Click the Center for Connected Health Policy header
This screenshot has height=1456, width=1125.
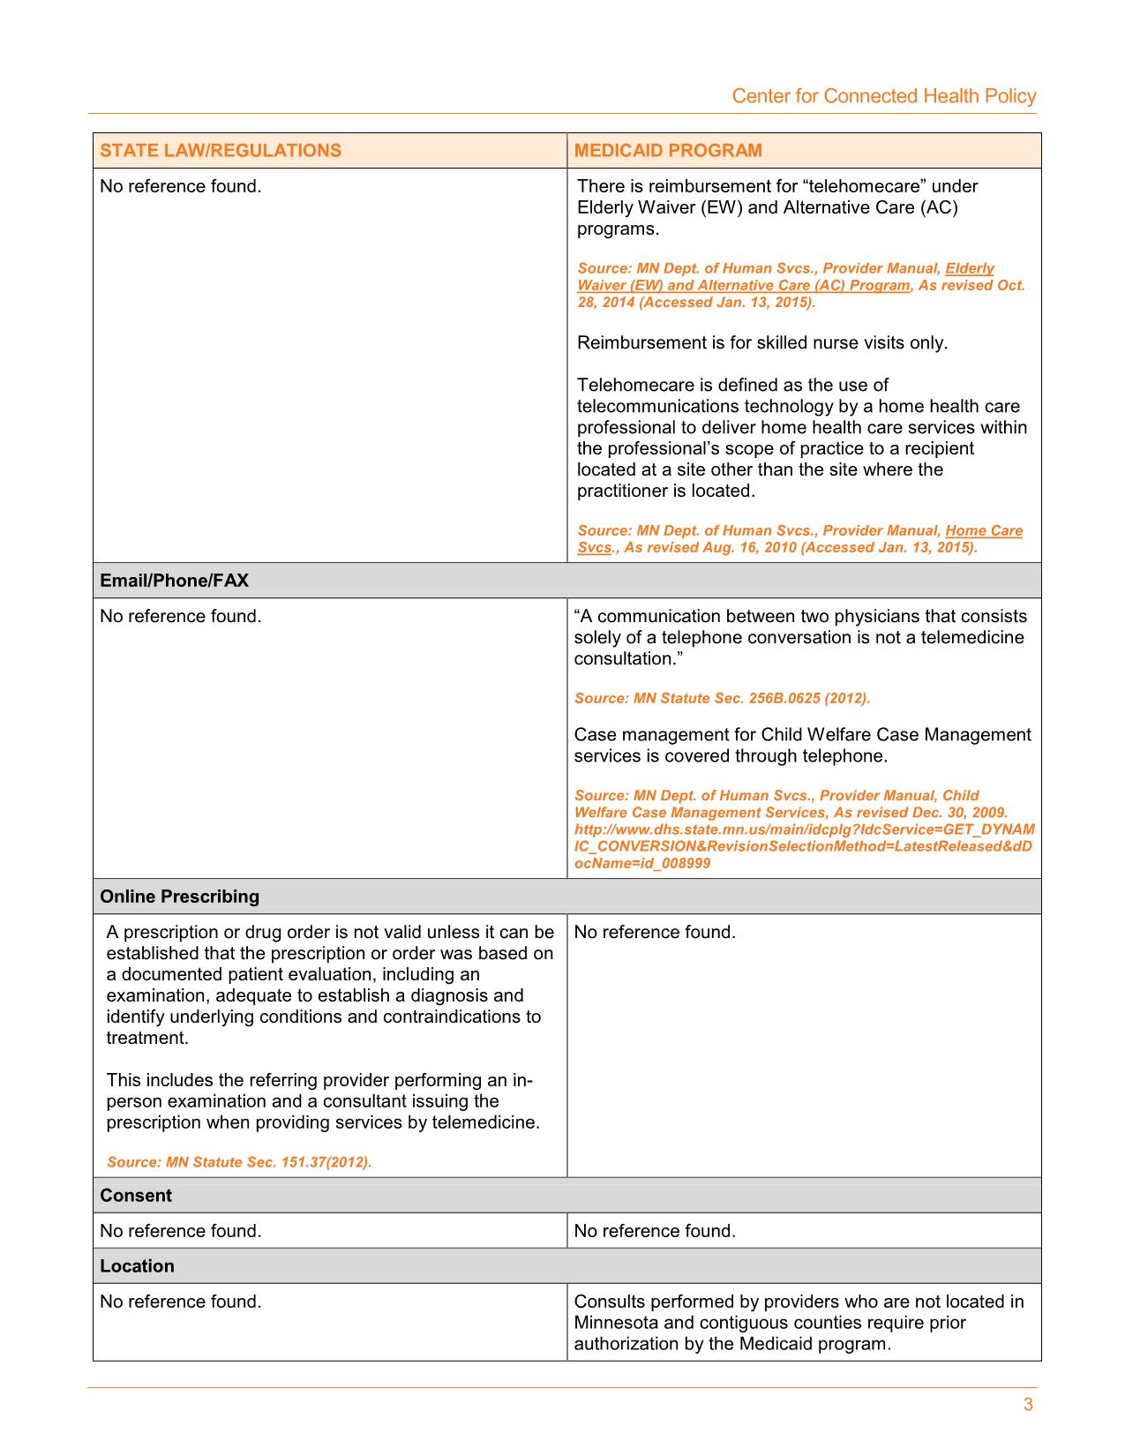[x=883, y=96]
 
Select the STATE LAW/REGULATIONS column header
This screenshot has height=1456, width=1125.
[x=220, y=150]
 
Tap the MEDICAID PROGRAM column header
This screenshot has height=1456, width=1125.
[x=667, y=150]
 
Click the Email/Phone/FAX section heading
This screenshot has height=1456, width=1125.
[x=174, y=581]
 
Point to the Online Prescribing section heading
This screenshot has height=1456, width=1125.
[x=179, y=897]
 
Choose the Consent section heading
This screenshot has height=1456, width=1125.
[x=136, y=1196]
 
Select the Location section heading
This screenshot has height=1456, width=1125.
[x=137, y=1266]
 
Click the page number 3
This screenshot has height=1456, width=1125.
[x=1027, y=1406]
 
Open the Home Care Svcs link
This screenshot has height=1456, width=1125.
[x=983, y=531]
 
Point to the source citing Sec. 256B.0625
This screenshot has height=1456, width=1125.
[x=722, y=698]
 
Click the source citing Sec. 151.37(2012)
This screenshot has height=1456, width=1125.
[x=238, y=1162]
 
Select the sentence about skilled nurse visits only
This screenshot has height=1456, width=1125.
[x=761, y=342]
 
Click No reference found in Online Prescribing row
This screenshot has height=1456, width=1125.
[x=654, y=933]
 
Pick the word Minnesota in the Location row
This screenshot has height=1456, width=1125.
[x=616, y=1323]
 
